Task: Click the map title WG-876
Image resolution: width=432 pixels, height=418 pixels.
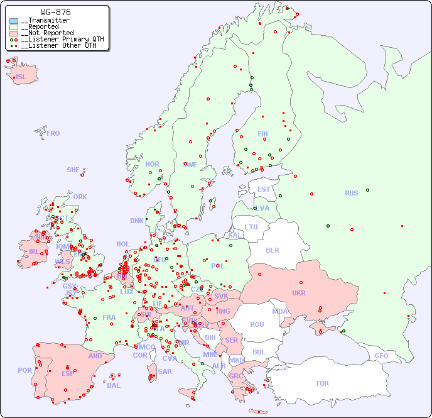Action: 55,12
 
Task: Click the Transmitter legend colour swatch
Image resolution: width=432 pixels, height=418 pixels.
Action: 14,21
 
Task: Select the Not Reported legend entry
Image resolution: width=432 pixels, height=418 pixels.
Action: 47,33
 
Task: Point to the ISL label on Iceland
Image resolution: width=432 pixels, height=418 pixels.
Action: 21,77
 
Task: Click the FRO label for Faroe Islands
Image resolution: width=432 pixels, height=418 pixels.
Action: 53,133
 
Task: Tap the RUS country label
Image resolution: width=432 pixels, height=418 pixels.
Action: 351,193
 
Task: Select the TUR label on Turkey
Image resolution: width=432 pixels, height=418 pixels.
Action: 322,383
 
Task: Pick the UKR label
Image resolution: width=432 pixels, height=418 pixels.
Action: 299,293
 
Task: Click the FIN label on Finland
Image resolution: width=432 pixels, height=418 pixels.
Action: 262,134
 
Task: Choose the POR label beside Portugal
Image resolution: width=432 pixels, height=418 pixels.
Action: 24,370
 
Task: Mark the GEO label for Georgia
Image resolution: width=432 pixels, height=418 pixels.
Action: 381,356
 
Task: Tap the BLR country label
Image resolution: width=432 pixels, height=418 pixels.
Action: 272,250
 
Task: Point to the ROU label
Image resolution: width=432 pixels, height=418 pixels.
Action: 257,324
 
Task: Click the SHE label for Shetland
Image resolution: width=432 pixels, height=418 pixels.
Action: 73,170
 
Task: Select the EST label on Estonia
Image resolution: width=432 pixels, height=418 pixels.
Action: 264,189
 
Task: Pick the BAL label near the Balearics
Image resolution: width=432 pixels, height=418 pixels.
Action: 114,385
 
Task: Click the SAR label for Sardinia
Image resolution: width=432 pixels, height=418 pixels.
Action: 165,371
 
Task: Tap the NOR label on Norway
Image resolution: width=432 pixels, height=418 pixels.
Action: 152,164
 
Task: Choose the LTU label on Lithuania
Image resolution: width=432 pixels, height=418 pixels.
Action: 251,227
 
